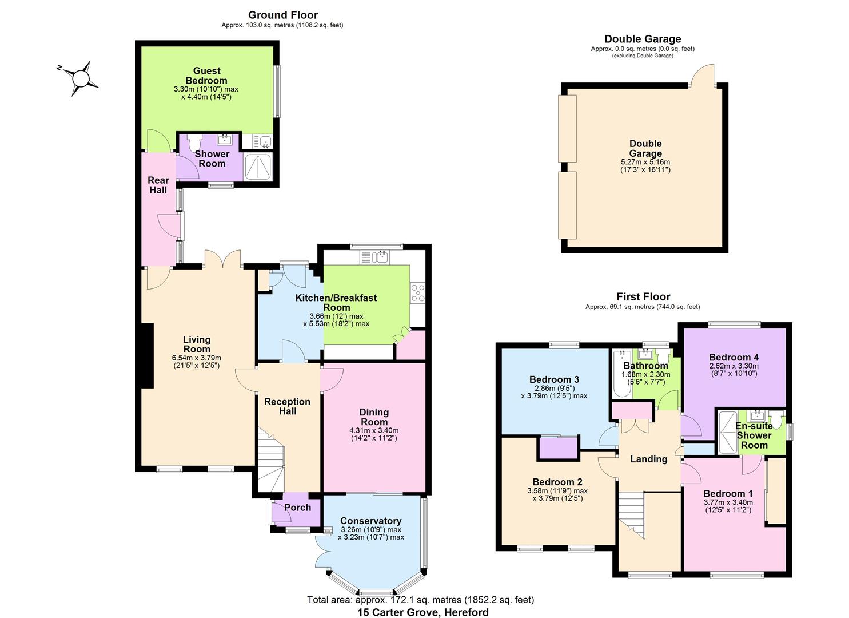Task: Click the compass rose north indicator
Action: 59,68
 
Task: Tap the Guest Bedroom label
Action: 206,76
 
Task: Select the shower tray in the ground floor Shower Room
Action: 258,167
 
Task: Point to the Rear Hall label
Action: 158,185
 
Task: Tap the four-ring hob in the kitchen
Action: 418,293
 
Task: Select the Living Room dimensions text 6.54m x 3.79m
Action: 196,358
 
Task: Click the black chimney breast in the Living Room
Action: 147,355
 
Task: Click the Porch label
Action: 297,507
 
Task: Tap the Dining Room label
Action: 374,417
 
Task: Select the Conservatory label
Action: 370,521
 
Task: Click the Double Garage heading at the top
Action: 643,39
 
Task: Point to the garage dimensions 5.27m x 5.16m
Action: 645,162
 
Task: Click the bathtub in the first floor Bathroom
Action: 622,374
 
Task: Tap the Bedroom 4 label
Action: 734,358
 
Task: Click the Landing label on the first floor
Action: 648,459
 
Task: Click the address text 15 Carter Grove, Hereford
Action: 423,612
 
